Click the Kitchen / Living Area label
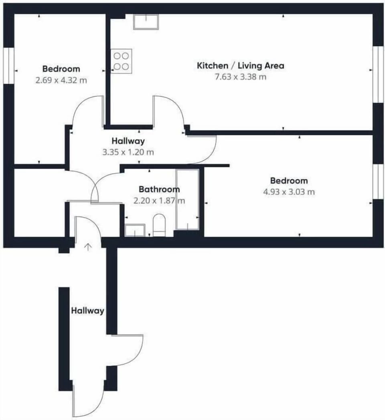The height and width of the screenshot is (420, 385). coord(240,66)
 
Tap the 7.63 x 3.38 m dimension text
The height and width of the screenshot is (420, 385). coord(240,77)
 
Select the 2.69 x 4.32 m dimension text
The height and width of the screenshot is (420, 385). coord(61,80)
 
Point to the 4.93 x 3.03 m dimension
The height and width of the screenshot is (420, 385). coord(289,192)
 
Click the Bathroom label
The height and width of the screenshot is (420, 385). coord(159,189)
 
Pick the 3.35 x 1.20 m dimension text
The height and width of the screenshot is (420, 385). coord(128,152)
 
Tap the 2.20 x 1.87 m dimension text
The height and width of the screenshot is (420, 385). coord(159,201)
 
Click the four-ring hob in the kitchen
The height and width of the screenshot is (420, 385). coord(121,61)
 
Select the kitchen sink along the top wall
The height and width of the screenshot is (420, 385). coord(146,22)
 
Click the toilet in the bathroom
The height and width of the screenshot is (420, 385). coord(159,225)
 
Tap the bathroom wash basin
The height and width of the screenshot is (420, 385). coord(135,230)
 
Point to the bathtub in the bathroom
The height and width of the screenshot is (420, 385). coord(187,199)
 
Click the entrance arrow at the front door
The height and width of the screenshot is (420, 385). coord(88,247)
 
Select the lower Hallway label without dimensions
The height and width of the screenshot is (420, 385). coord(87,311)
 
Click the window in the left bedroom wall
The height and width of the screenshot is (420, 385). coord(8,66)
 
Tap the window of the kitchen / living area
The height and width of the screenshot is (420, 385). coord(378,74)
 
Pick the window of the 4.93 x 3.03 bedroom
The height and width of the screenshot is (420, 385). coord(378,182)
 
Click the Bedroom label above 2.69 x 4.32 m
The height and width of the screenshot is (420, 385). coord(61,69)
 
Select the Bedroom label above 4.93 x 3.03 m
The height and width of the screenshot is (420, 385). coord(289,181)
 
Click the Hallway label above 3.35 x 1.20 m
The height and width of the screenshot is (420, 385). coord(128,141)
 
